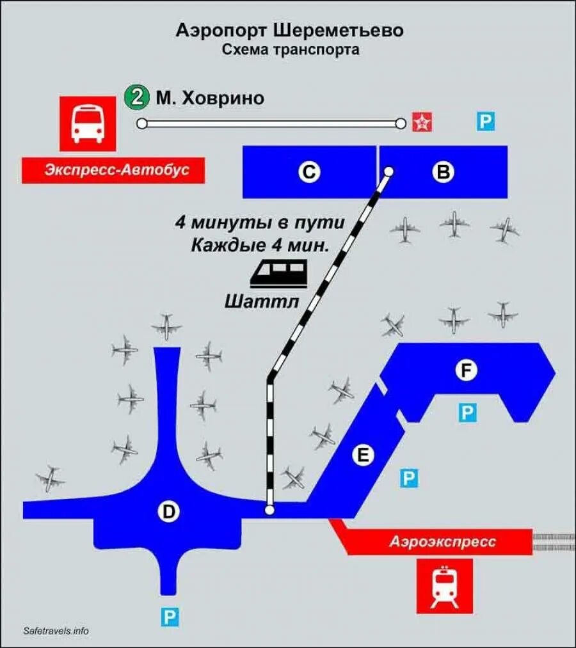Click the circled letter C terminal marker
(x=310, y=172)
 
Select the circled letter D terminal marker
(x=168, y=511)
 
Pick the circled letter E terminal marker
(x=363, y=455)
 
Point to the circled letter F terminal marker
(x=465, y=370)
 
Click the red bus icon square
(x=88, y=124)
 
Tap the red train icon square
(x=444, y=586)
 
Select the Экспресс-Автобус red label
(x=113, y=170)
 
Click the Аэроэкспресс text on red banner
(x=443, y=542)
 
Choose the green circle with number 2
(x=136, y=98)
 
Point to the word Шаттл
(x=262, y=301)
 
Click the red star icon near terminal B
(x=422, y=121)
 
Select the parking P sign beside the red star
(x=486, y=121)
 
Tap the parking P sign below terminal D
(x=169, y=617)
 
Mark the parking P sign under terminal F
(x=467, y=413)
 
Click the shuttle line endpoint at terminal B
(x=388, y=171)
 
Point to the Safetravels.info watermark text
(x=56, y=631)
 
